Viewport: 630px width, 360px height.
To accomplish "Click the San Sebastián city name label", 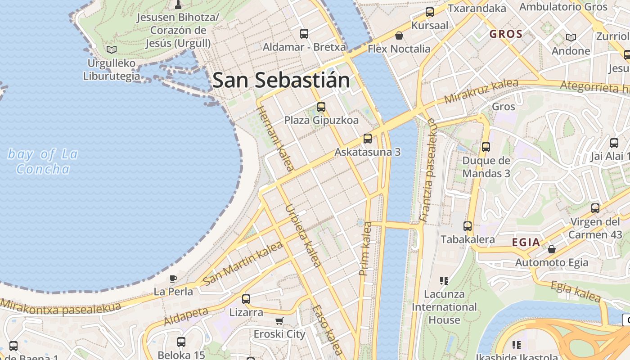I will pyautogui.click(x=281, y=80).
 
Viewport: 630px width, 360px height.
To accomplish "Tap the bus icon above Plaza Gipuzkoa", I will pyautogui.click(x=321, y=107).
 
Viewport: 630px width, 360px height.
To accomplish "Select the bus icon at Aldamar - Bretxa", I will pyautogui.click(x=304, y=34).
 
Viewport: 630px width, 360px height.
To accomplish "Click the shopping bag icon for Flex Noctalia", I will pyautogui.click(x=399, y=36).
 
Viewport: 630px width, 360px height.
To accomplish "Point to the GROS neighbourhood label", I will pyautogui.click(x=506, y=34).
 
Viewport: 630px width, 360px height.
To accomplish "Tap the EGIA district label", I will pyautogui.click(x=526, y=243).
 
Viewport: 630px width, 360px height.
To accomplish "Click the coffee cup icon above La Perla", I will pyautogui.click(x=173, y=279).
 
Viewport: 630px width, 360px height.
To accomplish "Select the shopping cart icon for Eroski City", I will pyautogui.click(x=279, y=321).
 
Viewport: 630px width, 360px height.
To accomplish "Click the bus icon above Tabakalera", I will pyautogui.click(x=468, y=226).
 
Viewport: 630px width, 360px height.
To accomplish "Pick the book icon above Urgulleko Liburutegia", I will pyautogui.click(x=111, y=49).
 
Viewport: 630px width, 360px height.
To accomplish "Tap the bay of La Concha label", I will pyautogui.click(x=43, y=162).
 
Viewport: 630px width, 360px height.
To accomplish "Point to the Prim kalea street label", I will pyautogui.click(x=365, y=248).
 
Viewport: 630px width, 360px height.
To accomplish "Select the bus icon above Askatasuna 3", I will pyautogui.click(x=368, y=139).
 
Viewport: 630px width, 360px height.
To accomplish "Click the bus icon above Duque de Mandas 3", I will pyautogui.click(x=486, y=147).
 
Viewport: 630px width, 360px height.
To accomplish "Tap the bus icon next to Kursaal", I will pyautogui.click(x=430, y=12).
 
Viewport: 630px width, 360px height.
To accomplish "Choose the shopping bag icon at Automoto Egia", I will pyautogui.click(x=551, y=249).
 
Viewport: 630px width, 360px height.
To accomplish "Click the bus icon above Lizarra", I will pyautogui.click(x=246, y=299).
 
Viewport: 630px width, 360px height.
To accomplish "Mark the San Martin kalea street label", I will pyautogui.click(x=243, y=263).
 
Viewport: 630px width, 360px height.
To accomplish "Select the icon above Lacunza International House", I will pyautogui.click(x=444, y=281).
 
